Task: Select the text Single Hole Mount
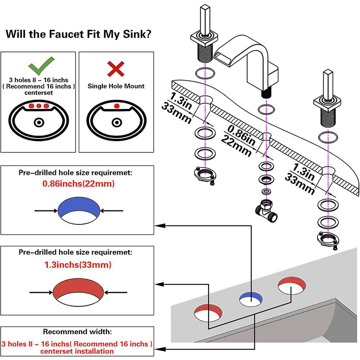pyautogui.click(x=116, y=86)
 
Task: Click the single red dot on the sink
pyautogui.click(x=116, y=106)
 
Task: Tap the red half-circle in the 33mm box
pyautogui.click(x=78, y=288)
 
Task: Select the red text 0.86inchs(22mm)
pyautogui.click(x=78, y=184)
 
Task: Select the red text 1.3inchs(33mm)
pyautogui.click(x=78, y=265)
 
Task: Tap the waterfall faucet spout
pyautogui.click(x=248, y=58)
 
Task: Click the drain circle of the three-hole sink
pyautogui.click(x=38, y=123)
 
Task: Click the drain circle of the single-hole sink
pyautogui.click(x=116, y=123)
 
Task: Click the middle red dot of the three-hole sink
pyautogui.click(x=38, y=106)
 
